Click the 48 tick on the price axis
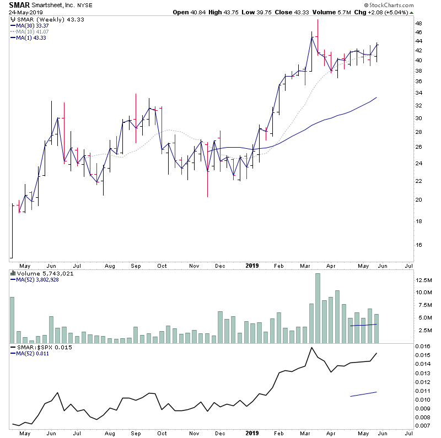[x=418, y=24]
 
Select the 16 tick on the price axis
[x=418, y=245]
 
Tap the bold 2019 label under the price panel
[x=252, y=265]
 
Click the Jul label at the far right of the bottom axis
[x=408, y=434]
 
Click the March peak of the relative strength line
[x=311, y=348]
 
